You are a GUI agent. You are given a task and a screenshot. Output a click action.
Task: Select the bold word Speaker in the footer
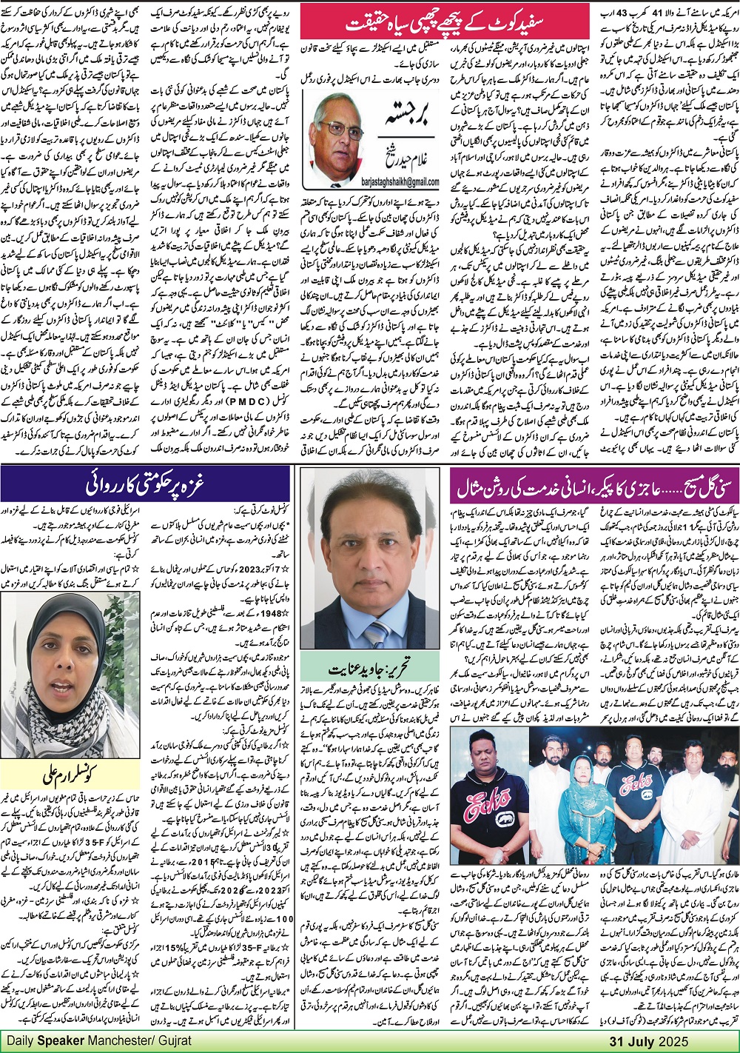78,1040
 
